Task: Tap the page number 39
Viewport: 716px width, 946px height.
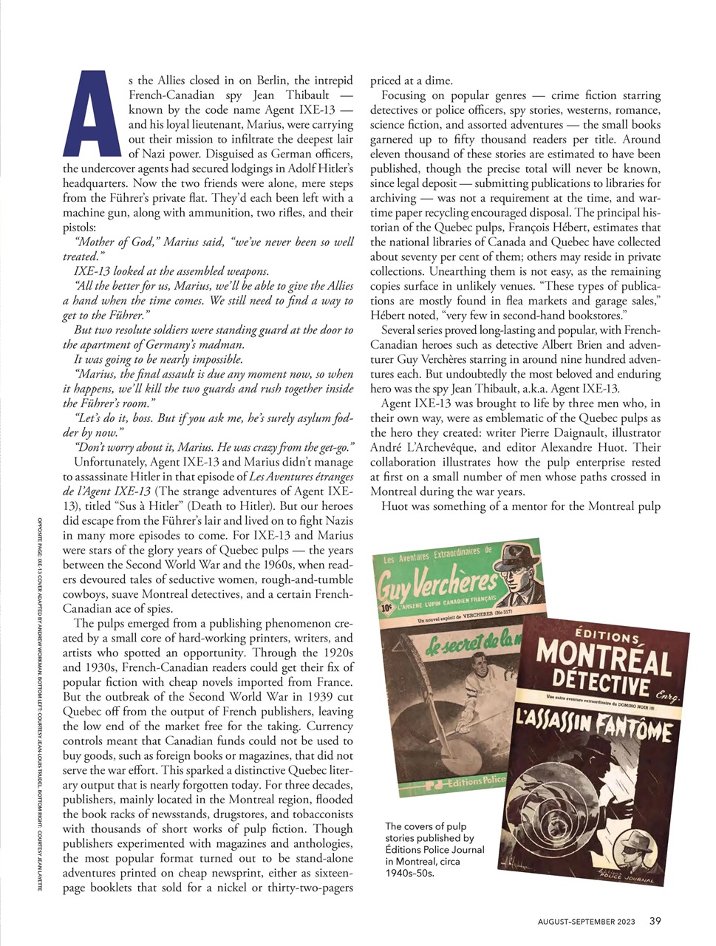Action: pyautogui.click(x=655, y=920)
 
